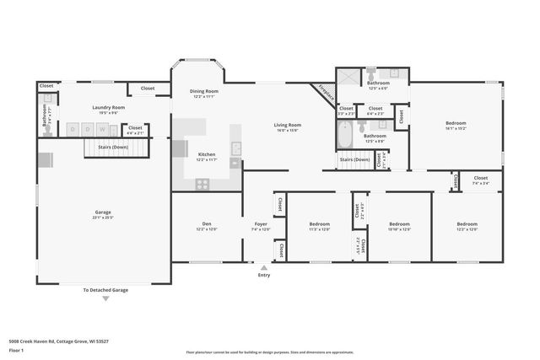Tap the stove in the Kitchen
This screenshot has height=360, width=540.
click(202, 182)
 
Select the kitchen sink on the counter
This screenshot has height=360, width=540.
click(235, 149)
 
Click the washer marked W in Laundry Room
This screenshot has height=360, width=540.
click(101, 129)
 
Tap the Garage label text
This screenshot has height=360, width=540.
click(103, 212)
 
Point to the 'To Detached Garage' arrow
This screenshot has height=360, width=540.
click(106, 298)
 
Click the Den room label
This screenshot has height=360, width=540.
click(207, 225)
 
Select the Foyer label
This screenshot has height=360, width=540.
click(261, 225)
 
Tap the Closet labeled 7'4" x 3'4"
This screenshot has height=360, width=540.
click(480, 179)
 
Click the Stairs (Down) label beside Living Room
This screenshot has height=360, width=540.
click(354, 159)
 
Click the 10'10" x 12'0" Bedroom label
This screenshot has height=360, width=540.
click(399, 226)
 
